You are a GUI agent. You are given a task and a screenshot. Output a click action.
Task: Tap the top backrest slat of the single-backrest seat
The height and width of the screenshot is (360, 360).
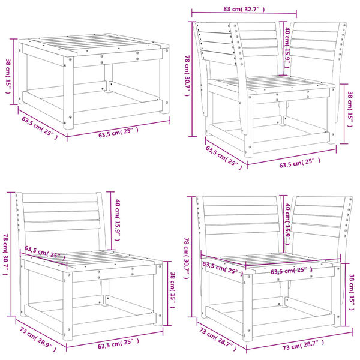[59, 198]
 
